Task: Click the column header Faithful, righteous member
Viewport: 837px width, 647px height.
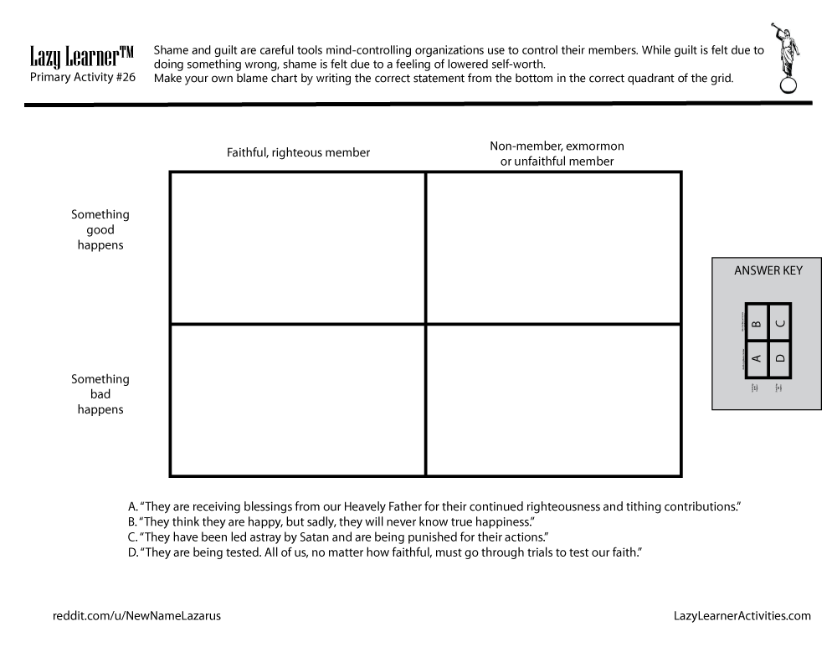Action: (x=298, y=152)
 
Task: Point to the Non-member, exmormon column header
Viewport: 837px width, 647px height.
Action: (x=557, y=153)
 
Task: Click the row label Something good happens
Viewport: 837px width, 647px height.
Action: (x=100, y=230)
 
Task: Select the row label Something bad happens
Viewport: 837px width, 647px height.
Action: (x=100, y=394)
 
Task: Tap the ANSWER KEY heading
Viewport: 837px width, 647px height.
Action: (x=768, y=270)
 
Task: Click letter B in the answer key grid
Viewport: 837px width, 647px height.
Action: (x=756, y=322)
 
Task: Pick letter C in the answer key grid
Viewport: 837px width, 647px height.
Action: (x=779, y=322)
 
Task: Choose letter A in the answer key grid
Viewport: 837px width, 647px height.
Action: (x=756, y=358)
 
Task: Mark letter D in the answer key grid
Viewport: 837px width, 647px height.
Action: (x=779, y=358)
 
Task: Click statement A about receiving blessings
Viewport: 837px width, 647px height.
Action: (x=435, y=506)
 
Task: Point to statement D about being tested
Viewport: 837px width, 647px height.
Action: (x=384, y=552)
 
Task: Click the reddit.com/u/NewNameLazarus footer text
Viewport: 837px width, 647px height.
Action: (x=137, y=616)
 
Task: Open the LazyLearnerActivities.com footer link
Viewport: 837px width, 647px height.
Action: (x=742, y=616)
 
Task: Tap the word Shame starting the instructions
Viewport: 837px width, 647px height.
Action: (x=171, y=50)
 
